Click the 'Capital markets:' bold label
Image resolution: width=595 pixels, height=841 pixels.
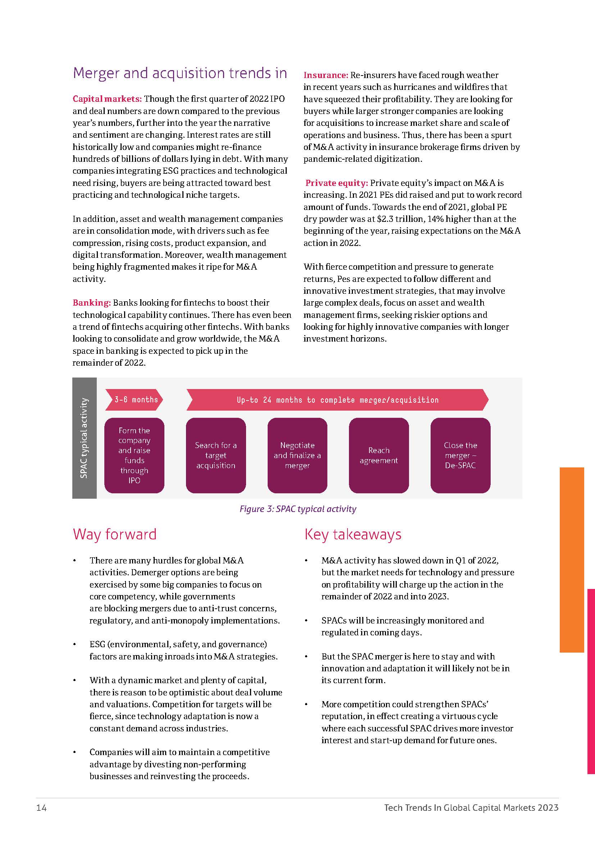107,99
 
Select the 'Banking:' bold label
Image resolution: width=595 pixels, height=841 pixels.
92,302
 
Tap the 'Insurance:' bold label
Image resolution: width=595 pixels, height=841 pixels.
325,75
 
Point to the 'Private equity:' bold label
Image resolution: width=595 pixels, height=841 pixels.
336,183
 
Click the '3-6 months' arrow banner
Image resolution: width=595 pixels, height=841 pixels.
134,399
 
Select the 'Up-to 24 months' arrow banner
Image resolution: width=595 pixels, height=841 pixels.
337,399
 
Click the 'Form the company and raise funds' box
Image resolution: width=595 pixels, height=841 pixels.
134,455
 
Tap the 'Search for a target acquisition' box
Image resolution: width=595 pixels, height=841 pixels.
216,455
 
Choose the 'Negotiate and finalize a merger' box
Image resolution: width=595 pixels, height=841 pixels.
297,455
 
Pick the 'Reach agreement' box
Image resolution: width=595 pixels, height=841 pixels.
379,455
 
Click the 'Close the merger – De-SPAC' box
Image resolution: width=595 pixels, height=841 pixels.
460,455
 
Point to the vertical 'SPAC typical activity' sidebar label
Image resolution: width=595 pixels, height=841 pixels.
84,438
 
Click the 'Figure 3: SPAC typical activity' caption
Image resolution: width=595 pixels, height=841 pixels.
297,509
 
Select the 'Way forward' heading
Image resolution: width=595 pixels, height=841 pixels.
115,534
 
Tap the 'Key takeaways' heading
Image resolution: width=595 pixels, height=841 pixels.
353,534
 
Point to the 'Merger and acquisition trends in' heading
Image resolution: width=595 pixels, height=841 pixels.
180,73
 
